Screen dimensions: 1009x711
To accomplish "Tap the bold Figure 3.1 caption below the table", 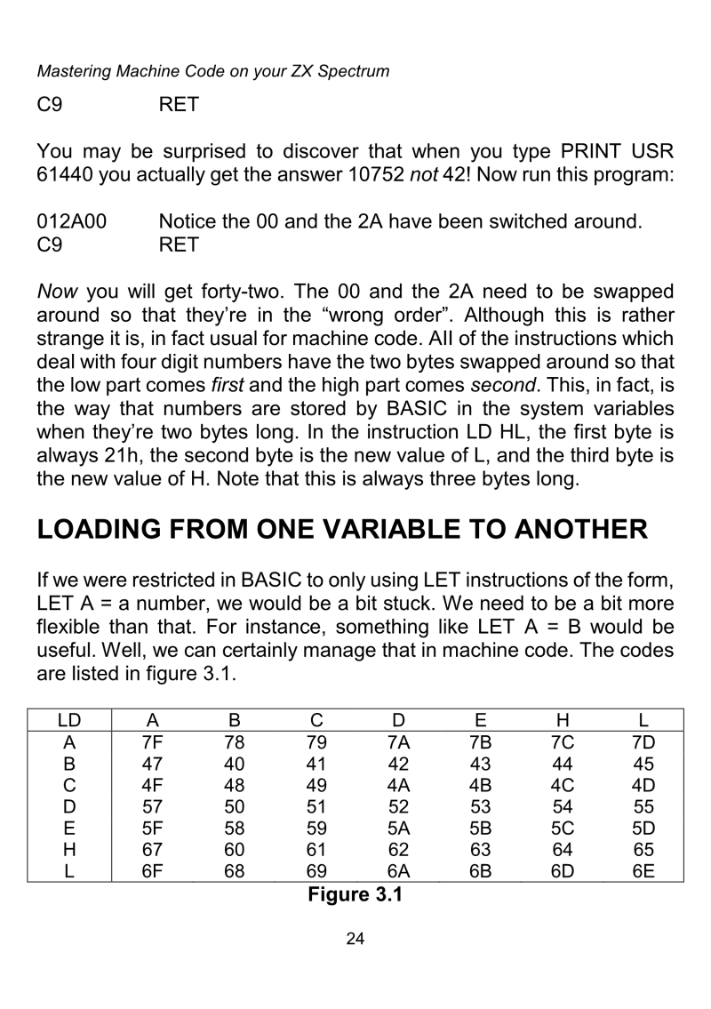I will pos(355,893).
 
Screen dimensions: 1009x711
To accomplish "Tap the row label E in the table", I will pos(68,827).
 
